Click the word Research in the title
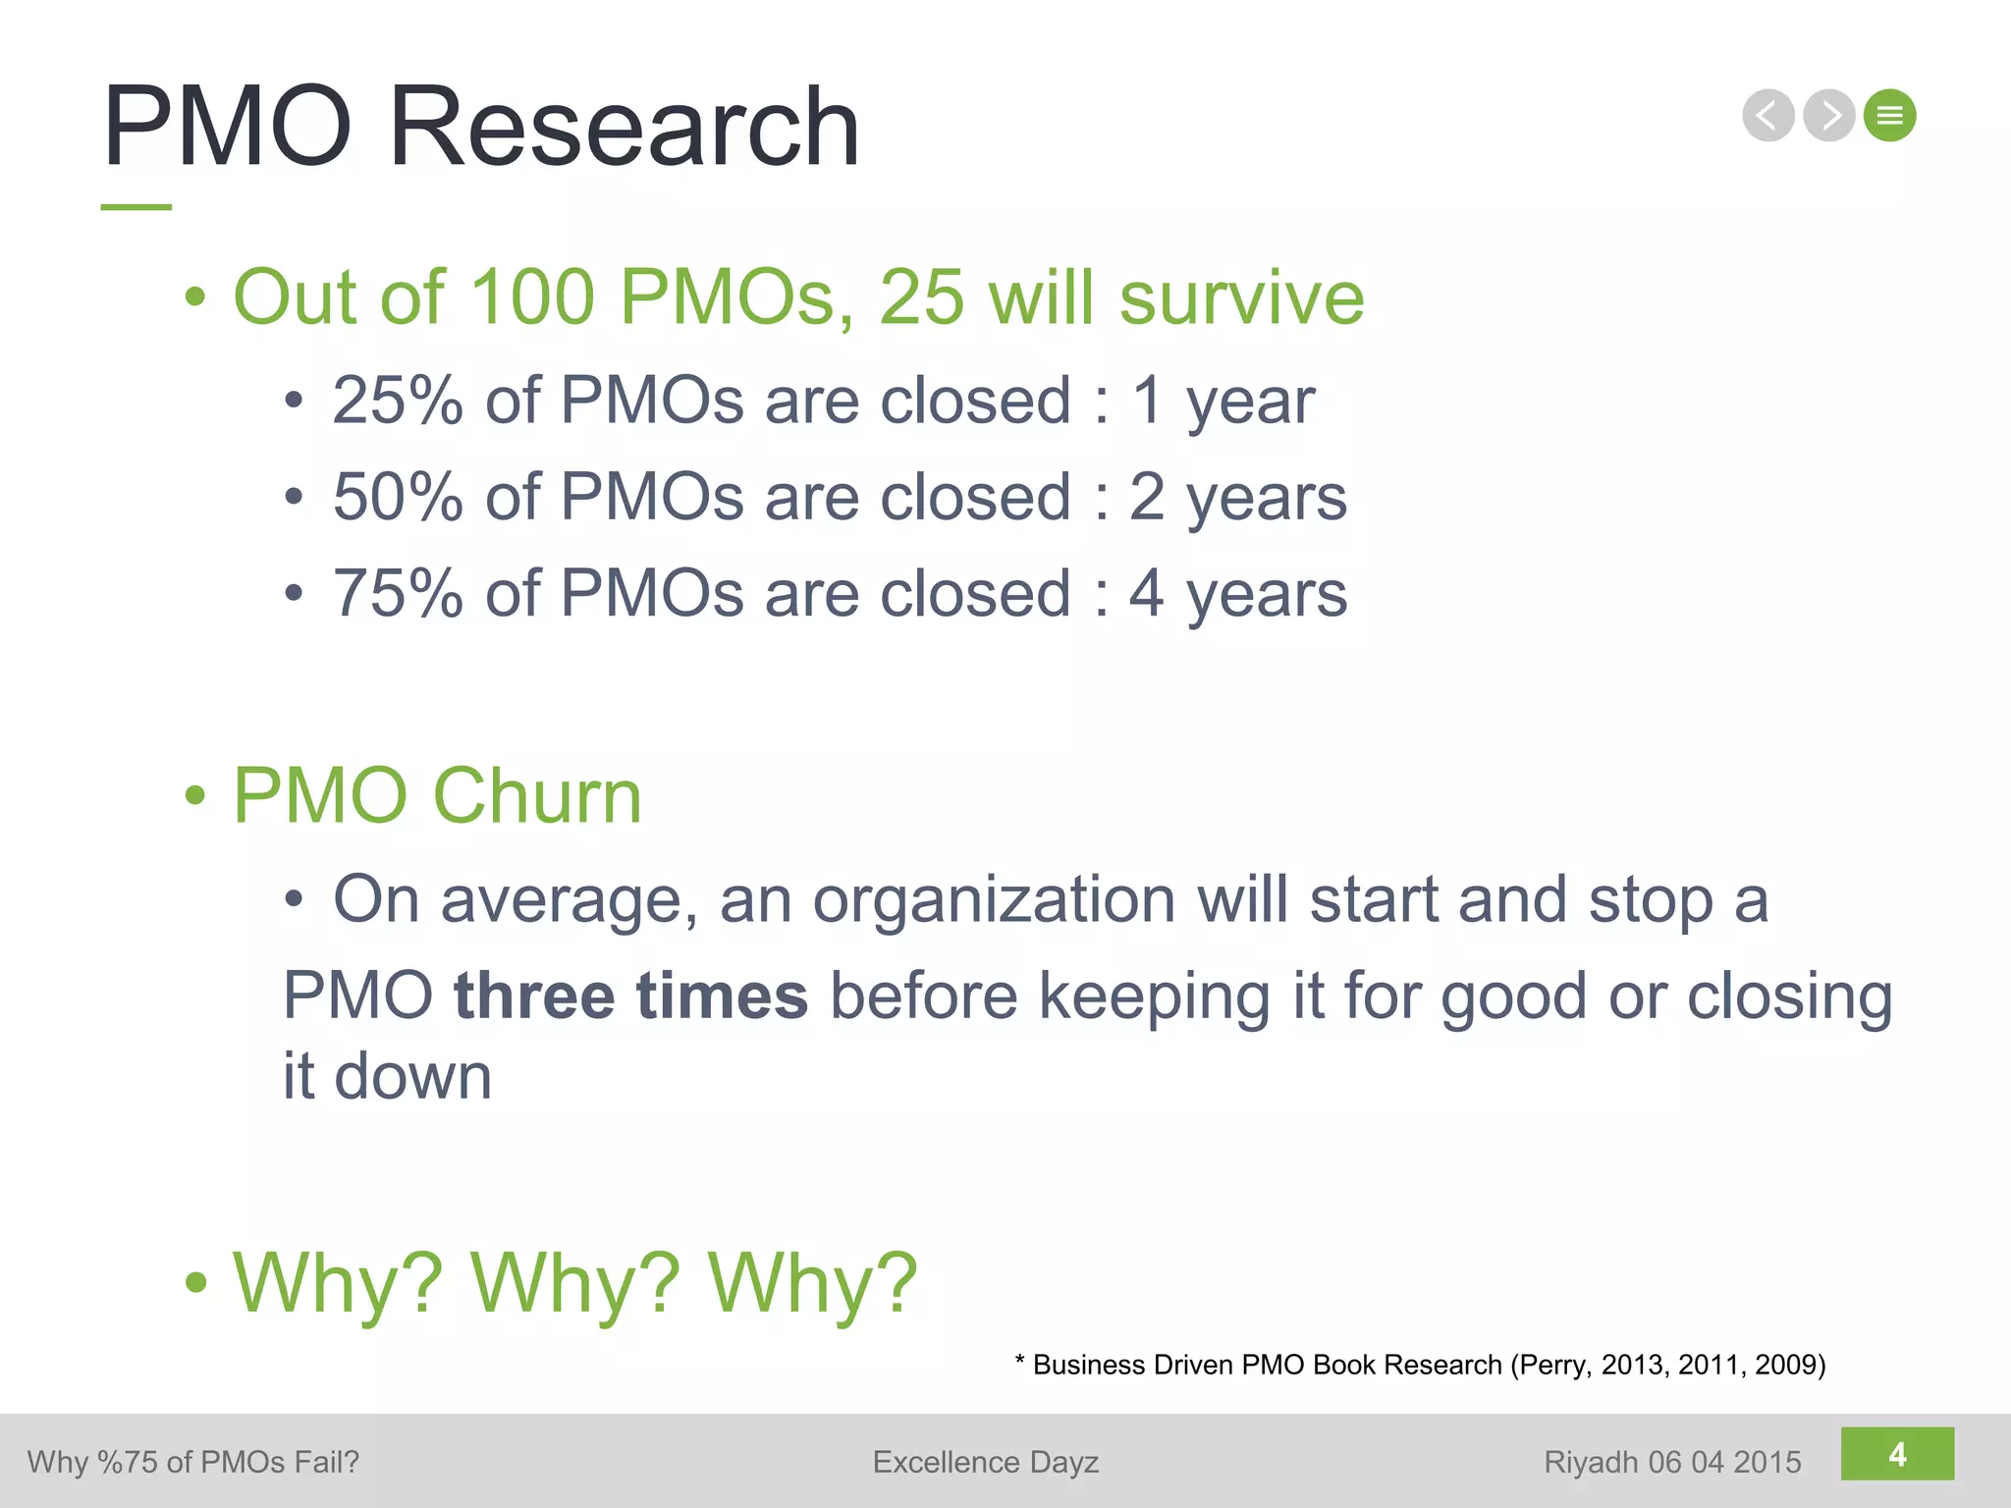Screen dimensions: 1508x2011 coord(625,128)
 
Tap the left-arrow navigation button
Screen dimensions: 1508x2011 coord(1767,116)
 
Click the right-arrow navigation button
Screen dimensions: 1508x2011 coord(1828,116)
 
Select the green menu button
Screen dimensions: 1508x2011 coord(1889,116)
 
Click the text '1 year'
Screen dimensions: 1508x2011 coord(1223,401)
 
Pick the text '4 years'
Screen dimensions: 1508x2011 coord(1238,593)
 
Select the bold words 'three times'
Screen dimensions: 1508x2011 coord(630,996)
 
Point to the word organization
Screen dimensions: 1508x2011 coord(994,899)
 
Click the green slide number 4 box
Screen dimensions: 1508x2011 coord(1897,1454)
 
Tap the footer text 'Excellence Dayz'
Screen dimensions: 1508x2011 coord(985,1462)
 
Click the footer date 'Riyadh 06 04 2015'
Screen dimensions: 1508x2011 coord(1672,1462)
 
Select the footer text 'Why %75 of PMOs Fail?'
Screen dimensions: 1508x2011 coord(193,1462)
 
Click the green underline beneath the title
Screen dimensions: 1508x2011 coord(136,207)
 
